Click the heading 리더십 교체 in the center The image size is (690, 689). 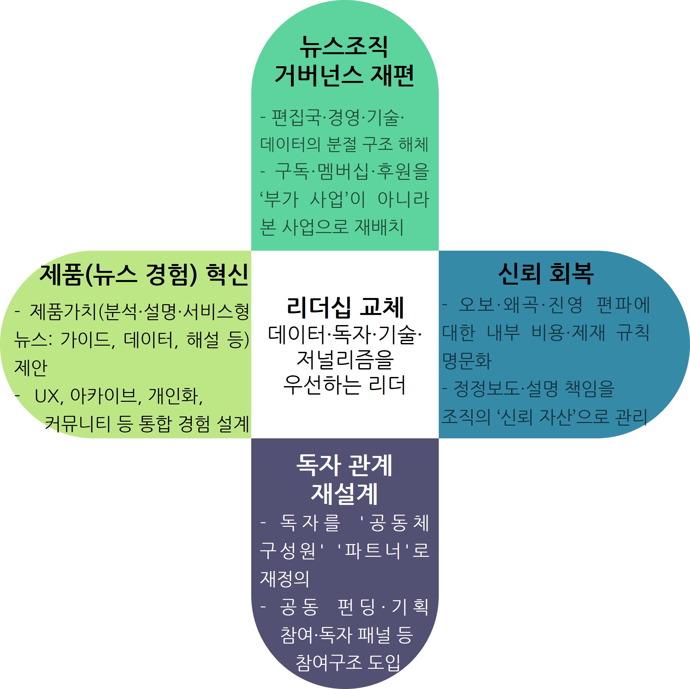[x=345, y=307]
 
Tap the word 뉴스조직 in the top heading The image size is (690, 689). [x=344, y=47]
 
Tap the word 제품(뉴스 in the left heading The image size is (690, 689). [x=89, y=275]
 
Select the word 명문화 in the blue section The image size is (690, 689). [x=467, y=360]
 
